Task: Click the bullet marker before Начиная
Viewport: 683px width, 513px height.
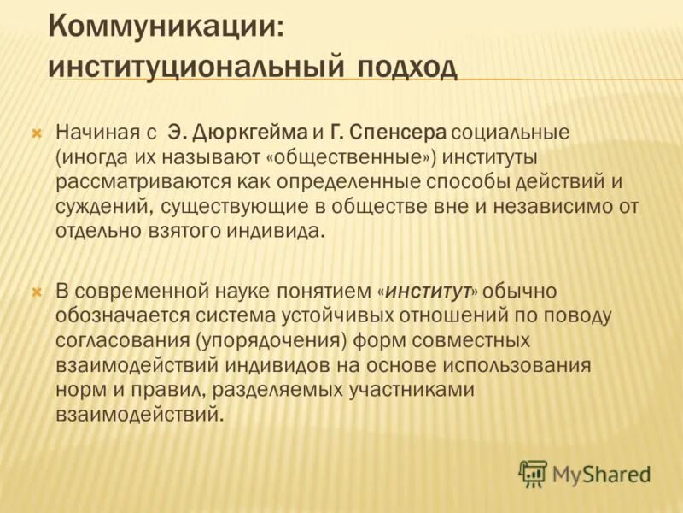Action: pos(36,133)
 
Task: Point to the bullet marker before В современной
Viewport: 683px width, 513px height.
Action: pos(36,292)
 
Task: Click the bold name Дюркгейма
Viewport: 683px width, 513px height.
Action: pos(249,133)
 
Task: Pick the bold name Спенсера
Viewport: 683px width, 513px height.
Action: pos(399,133)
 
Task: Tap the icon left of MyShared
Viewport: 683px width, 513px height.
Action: pos(534,473)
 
